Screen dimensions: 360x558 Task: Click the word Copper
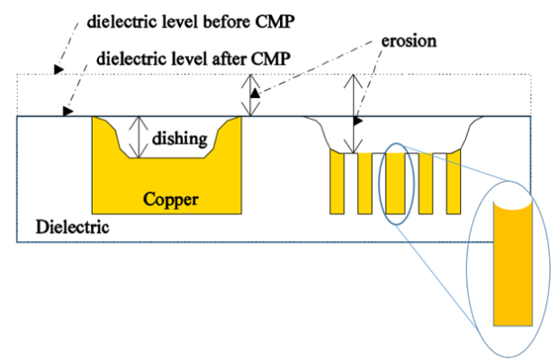coord(171,199)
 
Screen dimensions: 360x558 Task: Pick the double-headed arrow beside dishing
coord(138,138)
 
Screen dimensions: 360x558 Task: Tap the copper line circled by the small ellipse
coord(396,184)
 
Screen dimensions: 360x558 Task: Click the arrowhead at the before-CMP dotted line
coord(60,68)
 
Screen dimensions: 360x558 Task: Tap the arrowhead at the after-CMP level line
coord(67,112)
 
